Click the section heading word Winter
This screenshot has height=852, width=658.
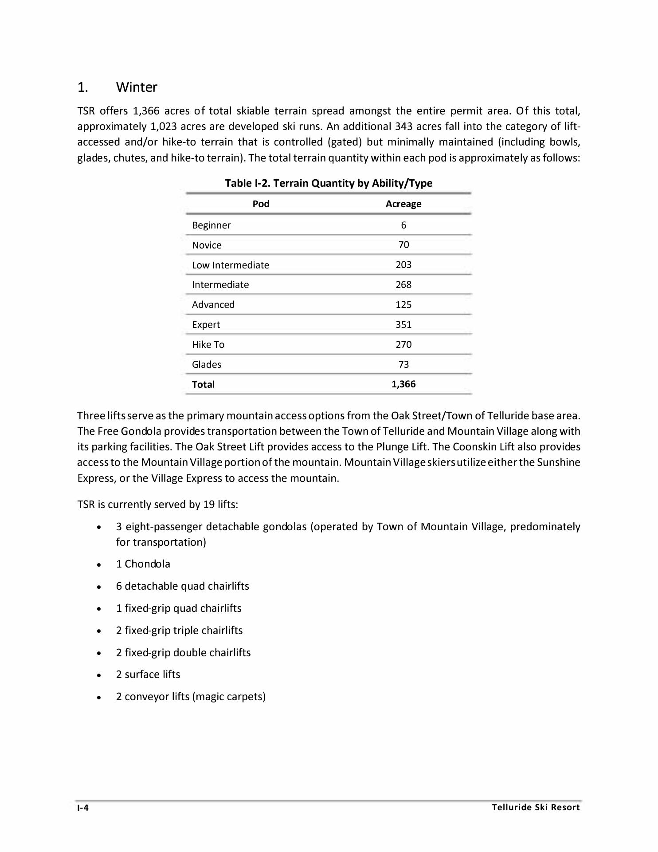click(137, 87)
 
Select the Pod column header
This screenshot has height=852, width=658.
click(261, 204)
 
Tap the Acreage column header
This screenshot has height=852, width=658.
click(403, 204)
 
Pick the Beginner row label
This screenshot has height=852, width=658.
click(211, 225)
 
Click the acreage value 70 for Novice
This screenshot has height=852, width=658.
click(403, 245)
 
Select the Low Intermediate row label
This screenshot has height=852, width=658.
click(230, 265)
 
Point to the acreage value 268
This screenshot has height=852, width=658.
click(403, 285)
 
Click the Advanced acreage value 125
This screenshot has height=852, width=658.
click(403, 305)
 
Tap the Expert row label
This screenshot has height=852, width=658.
click(206, 325)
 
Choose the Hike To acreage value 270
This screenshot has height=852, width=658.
click(403, 345)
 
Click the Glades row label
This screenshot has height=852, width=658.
click(206, 365)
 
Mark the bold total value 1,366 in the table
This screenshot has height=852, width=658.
click(403, 384)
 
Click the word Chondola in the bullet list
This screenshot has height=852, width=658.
click(147, 564)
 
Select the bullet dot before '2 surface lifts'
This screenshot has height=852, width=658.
click(99, 675)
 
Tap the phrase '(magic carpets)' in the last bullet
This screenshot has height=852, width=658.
click(229, 697)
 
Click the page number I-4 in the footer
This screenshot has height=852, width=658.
click(83, 808)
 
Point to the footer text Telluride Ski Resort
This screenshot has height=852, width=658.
click(536, 808)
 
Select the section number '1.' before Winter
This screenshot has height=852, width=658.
click(82, 87)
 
